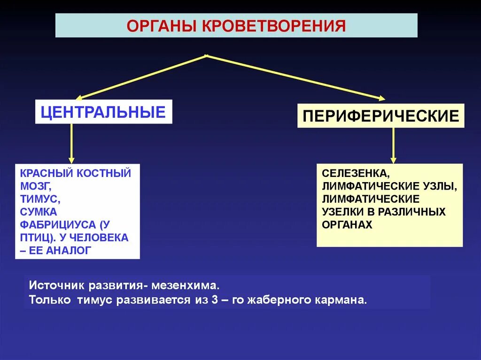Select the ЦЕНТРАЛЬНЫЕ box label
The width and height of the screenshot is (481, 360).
pos(103,112)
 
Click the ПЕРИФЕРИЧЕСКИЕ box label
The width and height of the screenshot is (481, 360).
pos(380,115)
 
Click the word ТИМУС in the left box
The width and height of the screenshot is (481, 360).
pos(40,199)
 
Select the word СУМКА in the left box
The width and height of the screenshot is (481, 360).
pos(39,212)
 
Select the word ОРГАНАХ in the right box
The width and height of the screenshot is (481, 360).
pos(347,224)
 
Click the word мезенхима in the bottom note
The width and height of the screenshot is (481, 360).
pos(183,285)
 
